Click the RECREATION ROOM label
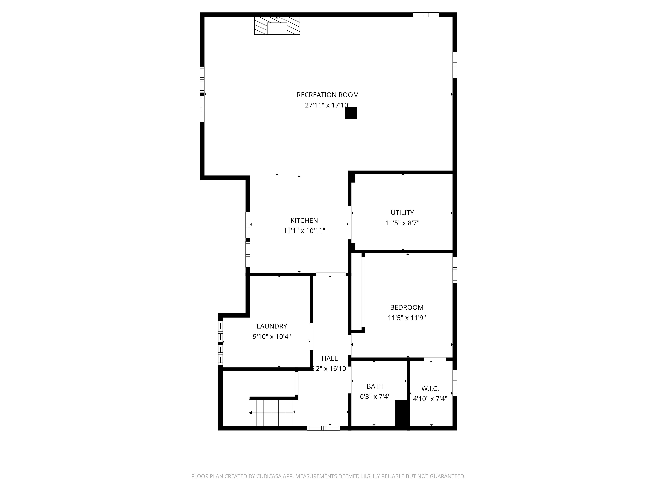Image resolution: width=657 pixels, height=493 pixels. click(328, 95)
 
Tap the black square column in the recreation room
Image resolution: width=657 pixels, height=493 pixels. click(351, 113)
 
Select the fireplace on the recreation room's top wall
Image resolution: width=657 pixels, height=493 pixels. click(277, 26)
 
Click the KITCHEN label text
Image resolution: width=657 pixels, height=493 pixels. click(304, 221)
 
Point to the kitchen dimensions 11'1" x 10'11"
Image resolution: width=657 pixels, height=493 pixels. click(304, 231)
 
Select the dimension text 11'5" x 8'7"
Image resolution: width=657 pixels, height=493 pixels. click(402, 223)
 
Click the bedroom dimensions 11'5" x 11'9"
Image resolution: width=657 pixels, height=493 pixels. click(407, 318)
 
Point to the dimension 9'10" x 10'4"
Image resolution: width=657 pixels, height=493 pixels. click(272, 336)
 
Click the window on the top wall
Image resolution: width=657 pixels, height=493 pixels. click(426, 15)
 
